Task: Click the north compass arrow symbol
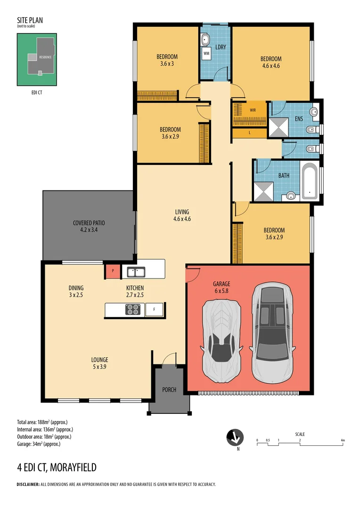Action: pos(234,437)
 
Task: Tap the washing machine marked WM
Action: pos(206,54)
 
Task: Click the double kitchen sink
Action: pos(136,272)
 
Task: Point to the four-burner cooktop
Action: pos(133,310)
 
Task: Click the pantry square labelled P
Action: pos(113,272)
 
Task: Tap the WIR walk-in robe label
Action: pos(253,110)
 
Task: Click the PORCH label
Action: pos(169,390)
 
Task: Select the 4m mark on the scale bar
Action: pos(343,441)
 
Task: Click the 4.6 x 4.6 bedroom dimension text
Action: pos(270,66)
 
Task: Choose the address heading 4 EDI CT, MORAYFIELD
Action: pos(57,468)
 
